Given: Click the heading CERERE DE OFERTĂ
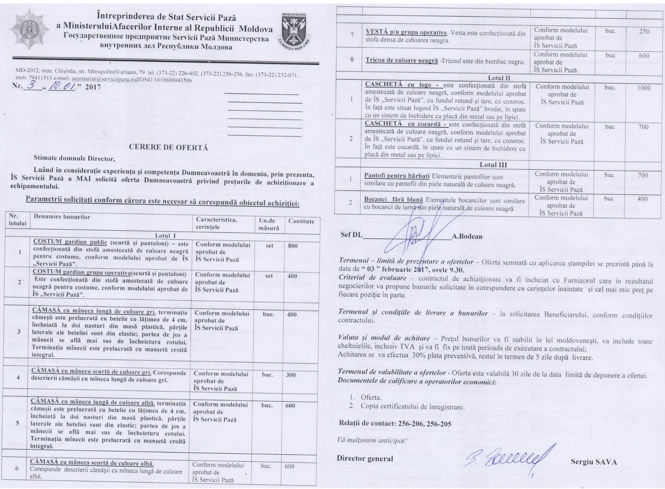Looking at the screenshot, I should [168, 147].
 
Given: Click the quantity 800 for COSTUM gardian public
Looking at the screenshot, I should [293, 246].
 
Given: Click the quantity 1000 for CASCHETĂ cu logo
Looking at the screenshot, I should [643, 88].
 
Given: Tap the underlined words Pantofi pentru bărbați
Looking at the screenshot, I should [397, 176].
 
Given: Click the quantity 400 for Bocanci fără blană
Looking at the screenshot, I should [642, 199].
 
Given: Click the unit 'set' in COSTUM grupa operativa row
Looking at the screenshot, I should [269, 276].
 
